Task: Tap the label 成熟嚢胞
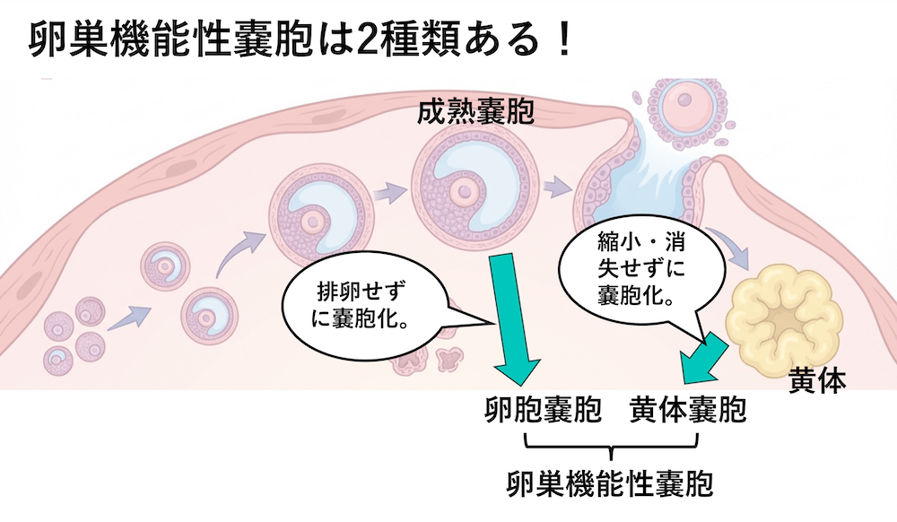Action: tap(475, 114)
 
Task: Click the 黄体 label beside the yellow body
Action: tap(816, 380)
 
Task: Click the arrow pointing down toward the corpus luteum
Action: tap(735, 253)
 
